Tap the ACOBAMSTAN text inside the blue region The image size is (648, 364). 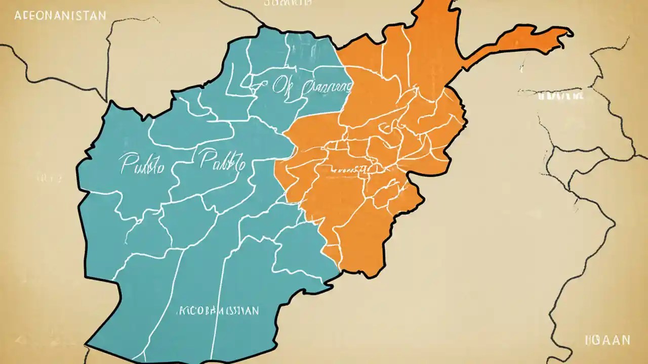217,310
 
